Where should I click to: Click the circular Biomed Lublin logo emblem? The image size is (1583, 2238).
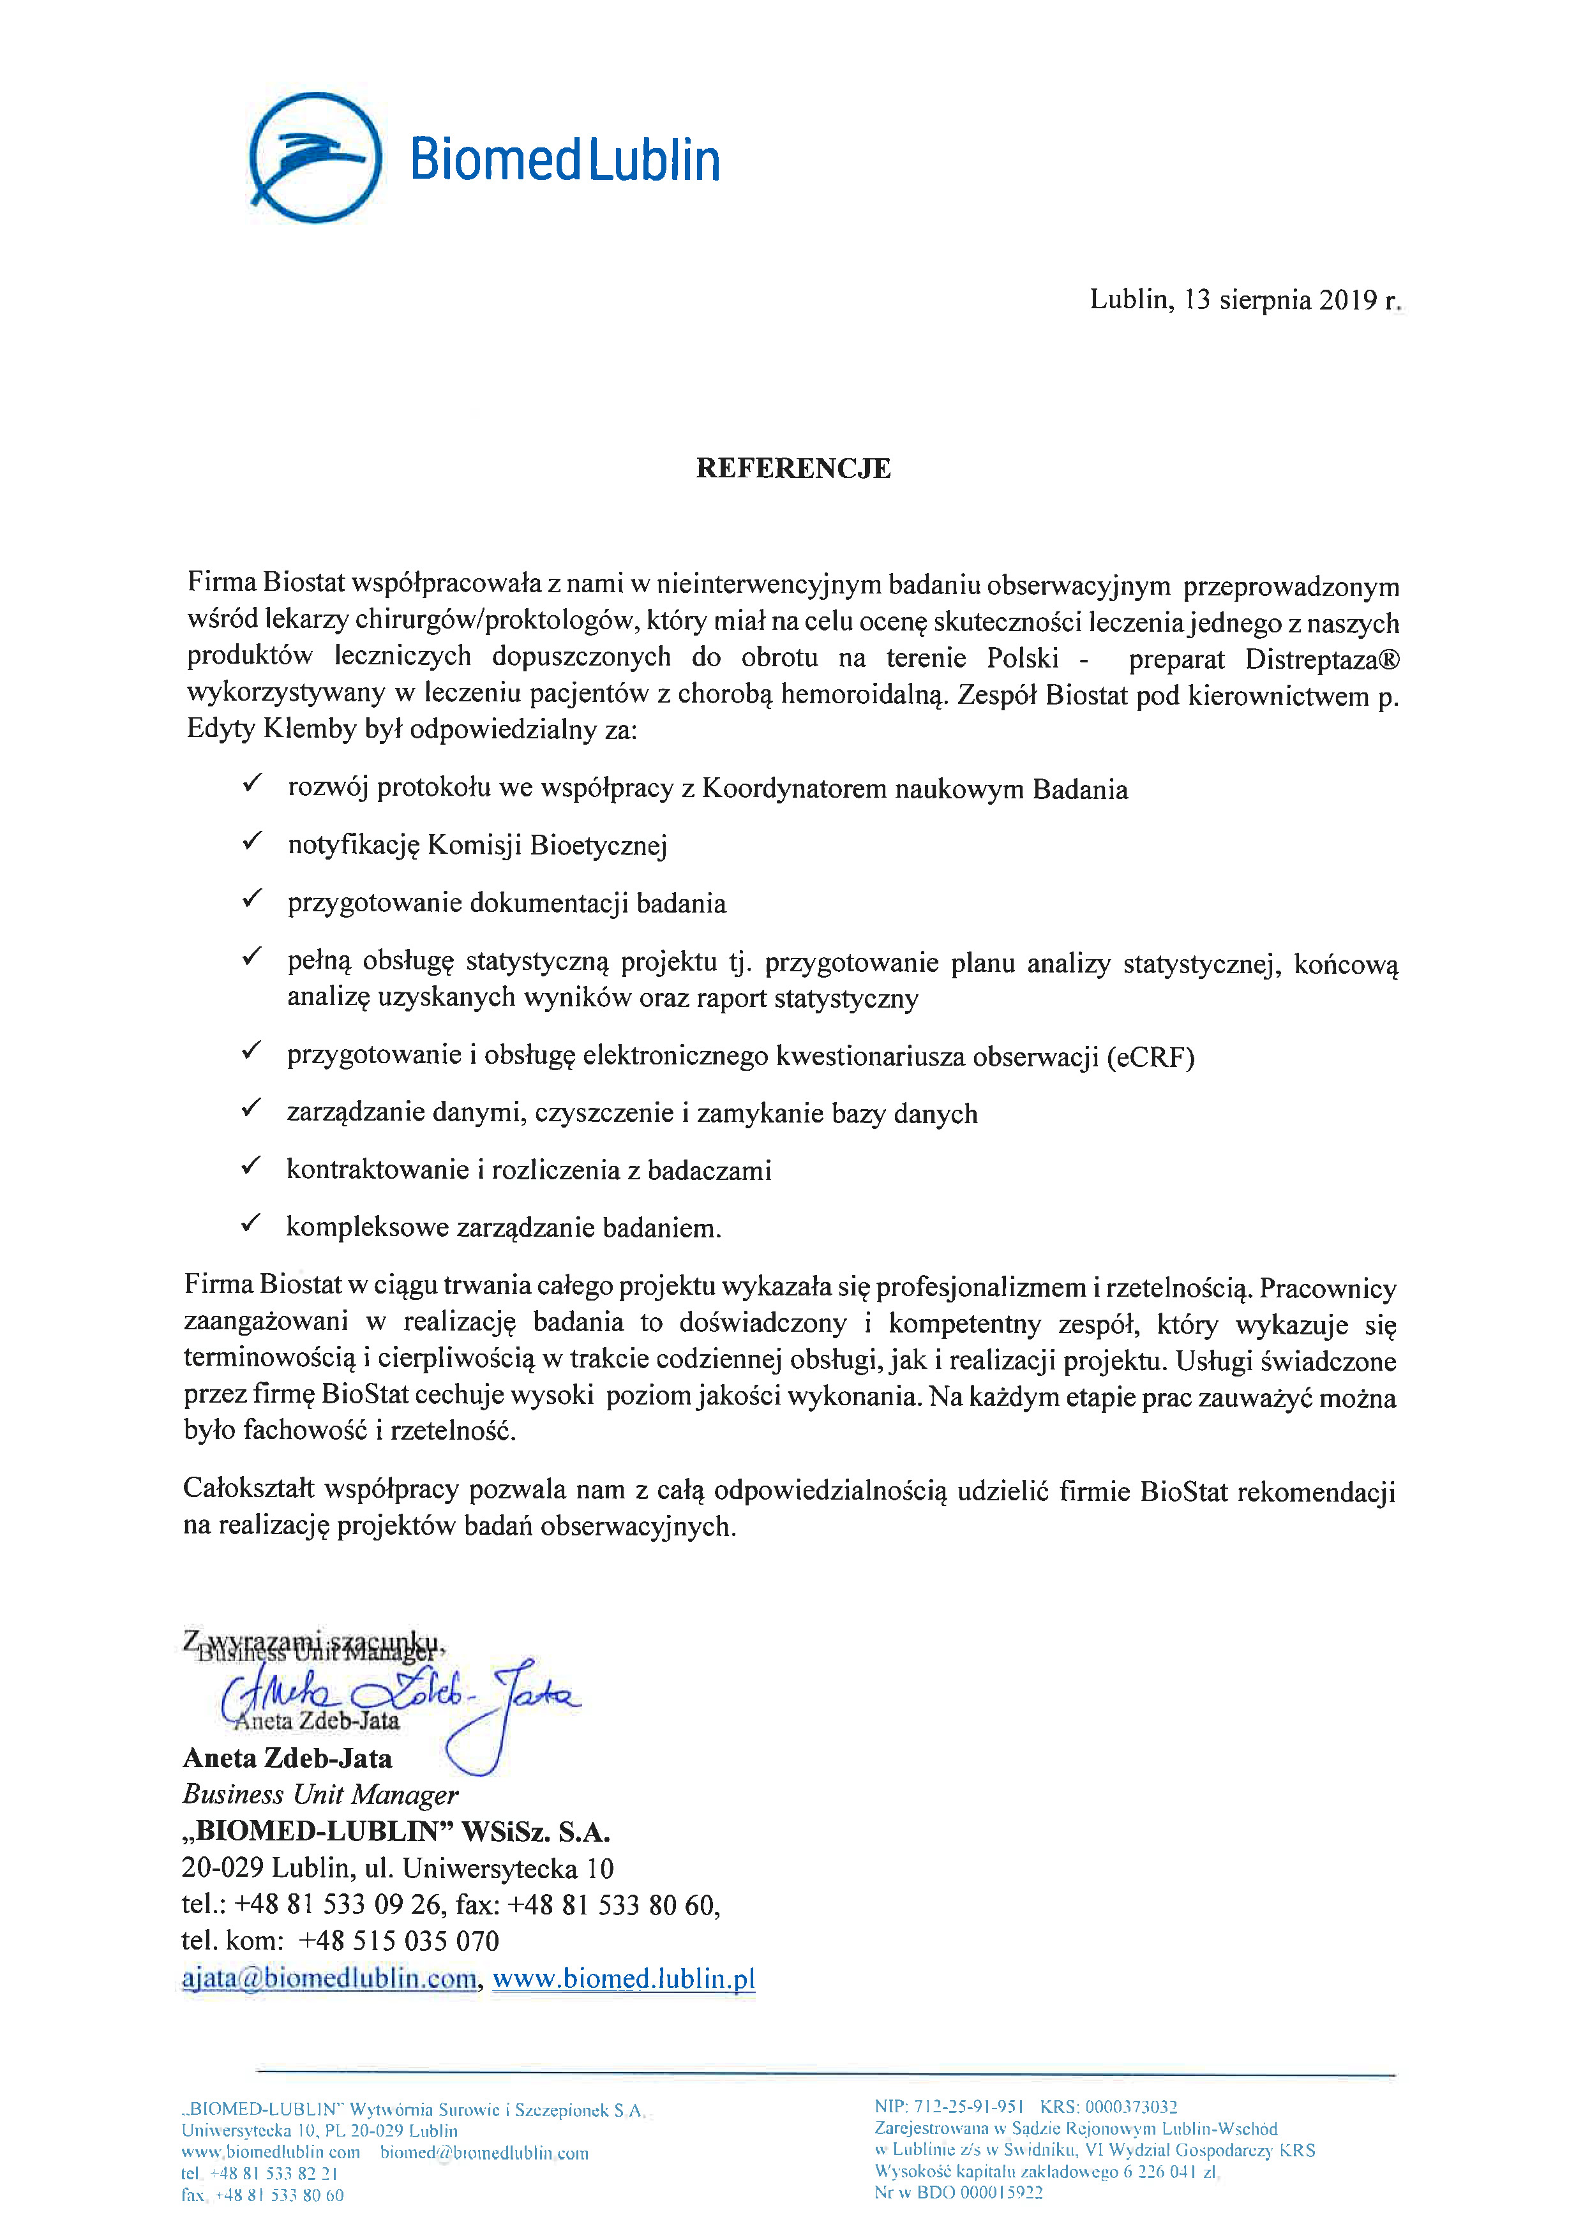pos(315,157)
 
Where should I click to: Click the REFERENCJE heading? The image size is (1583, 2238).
pos(793,469)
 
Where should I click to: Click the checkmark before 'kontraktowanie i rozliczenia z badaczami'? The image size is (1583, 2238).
pos(251,1165)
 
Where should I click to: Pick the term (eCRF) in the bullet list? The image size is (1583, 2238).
pos(1150,1057)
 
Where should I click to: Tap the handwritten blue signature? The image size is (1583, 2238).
pos(409,1700)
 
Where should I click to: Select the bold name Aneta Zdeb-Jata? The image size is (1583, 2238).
pos(287,1759)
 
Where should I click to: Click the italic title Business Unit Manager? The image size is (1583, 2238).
pos(320,1794)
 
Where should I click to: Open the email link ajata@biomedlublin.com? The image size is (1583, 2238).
pos(329,1979)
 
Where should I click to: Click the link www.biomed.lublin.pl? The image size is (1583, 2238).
pos(624,1979)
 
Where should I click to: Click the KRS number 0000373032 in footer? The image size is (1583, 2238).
pos(1130,2107)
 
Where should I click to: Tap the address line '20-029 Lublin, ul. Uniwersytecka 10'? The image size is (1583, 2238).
pos(397,1869)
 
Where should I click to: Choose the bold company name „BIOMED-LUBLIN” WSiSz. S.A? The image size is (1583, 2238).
pos(396,1831)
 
